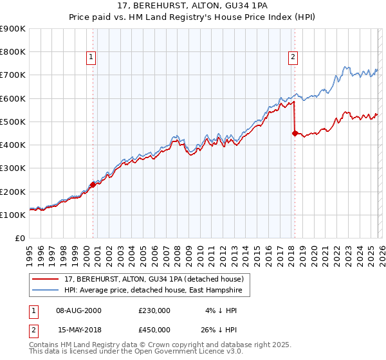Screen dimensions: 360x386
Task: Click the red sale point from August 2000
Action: pyautogui.click(x=93, y=184)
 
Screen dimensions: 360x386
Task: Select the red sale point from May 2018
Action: pyautogui.click(x=295, y=134)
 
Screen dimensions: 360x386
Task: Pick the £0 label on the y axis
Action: pyautogui.click(x=19, y=239)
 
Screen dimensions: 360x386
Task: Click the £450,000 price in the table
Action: pyautogui.click(x=154, y=329)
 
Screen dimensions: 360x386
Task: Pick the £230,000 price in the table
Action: pyautogui.click(x=154, y=310)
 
